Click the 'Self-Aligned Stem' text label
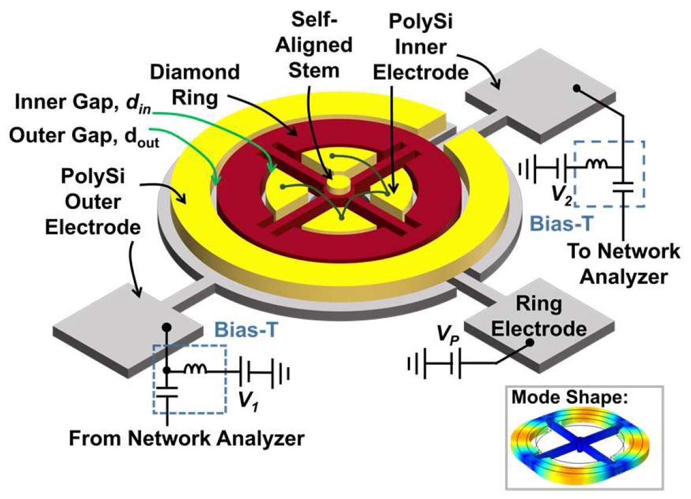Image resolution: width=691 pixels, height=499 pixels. pos(314,45)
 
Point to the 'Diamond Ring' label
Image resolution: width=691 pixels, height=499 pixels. pos(195,85)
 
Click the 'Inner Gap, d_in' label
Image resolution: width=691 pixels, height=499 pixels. pos(83,104)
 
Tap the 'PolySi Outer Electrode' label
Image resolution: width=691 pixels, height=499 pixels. pos(93,202)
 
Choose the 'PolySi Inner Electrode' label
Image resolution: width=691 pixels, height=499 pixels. pos(421,47)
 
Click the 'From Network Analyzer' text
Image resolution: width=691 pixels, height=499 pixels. pos(187,438)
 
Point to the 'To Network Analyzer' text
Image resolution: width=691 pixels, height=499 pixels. pos(623,264)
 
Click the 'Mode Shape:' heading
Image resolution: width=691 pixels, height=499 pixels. pos(569,398)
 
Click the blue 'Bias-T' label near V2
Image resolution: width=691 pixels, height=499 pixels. pos(561,224)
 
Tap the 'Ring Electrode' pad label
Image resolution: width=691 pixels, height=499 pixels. pos(539,316)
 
